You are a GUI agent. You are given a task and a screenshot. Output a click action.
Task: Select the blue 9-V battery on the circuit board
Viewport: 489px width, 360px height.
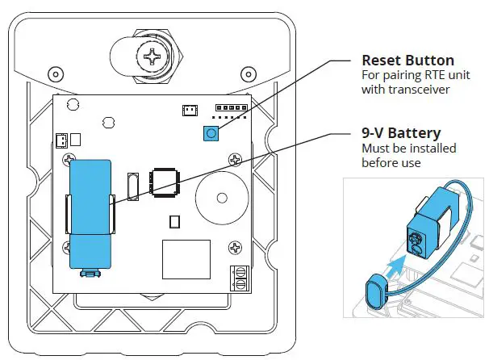pyautogui.click(x=91, y=211)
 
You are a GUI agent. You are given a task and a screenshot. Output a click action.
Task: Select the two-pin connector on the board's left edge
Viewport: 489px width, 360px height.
pyautogui.click(x=61, y=140)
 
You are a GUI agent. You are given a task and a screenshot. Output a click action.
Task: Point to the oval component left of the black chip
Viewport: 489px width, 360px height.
pyautogui.click(x=133, y=186)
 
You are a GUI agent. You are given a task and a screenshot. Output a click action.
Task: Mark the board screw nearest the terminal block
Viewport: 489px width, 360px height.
pyautogui.click(x=234, y=247)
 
